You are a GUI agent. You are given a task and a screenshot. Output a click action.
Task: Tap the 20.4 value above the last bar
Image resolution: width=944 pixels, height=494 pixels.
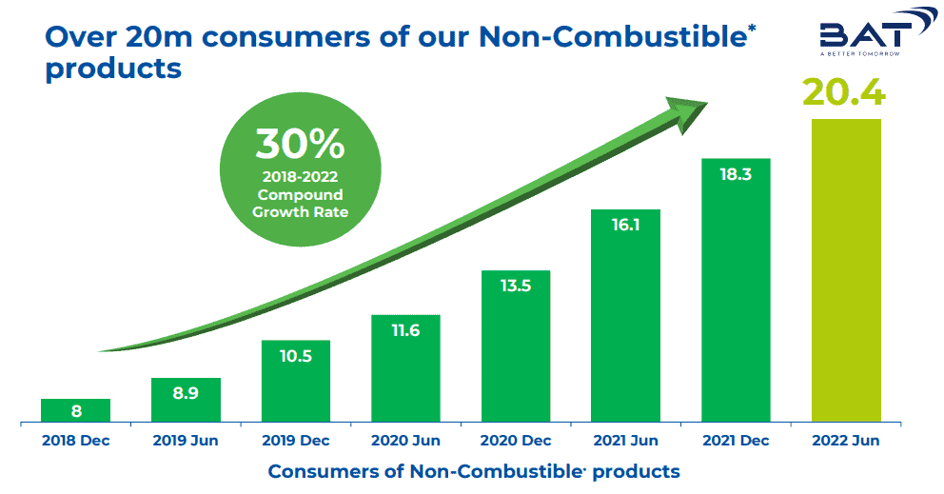click(x=844, y=93)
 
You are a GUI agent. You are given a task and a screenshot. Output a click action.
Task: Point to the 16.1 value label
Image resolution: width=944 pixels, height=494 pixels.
click(x=625, y=227)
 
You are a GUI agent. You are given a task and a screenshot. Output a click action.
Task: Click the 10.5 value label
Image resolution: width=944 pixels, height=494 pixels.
click(x=296, y=358)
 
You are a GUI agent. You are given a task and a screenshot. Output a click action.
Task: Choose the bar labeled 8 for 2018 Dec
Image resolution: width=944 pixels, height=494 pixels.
click(x=76, y=410)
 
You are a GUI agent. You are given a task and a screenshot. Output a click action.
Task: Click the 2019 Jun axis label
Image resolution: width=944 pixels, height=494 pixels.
click(x=186, y=441)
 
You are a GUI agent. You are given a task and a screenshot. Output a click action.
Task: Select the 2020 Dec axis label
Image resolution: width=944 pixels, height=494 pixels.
click(x=516, y=441)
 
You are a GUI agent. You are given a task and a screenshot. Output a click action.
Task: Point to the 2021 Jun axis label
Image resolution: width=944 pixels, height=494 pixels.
click(x=625, y=441)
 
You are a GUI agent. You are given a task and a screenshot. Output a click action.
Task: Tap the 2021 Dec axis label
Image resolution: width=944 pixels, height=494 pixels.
click(x=736, y=441)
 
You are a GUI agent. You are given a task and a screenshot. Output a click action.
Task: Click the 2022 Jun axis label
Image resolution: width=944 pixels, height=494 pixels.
click(x=845, y=441)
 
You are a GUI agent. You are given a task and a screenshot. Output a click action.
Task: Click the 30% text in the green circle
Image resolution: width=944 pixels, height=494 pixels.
click(x=299, y=144)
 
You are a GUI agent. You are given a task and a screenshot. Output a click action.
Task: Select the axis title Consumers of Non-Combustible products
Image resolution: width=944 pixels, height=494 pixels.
click(x=474, y=471)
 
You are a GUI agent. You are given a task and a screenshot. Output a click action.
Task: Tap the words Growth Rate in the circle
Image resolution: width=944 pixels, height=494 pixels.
click(x=300, y=211)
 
